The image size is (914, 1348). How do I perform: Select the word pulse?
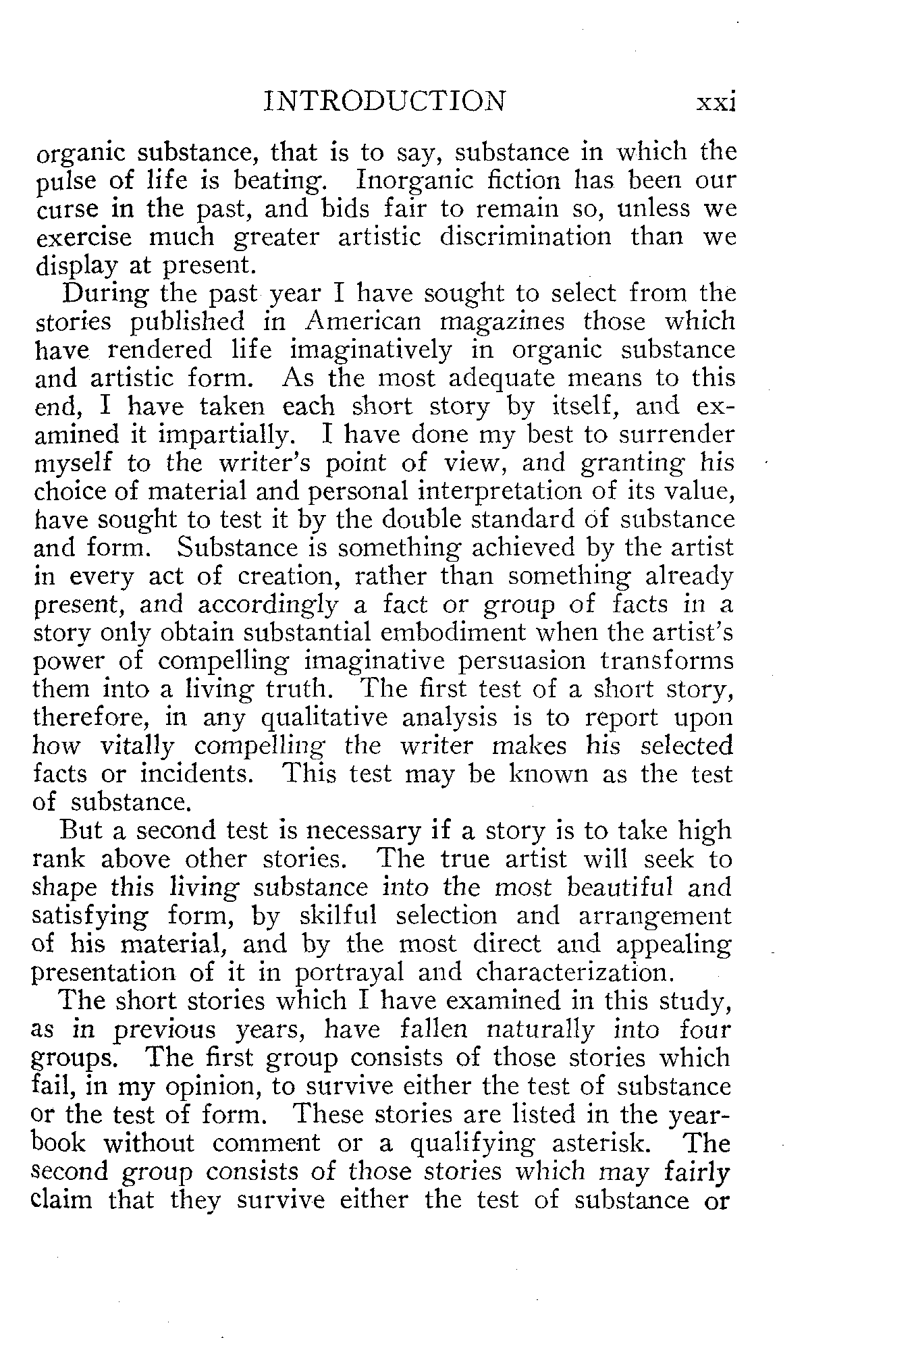(x=65, y=182)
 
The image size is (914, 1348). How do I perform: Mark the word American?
(x=363, y=322)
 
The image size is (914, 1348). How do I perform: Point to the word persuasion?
(x=550, y=661)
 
